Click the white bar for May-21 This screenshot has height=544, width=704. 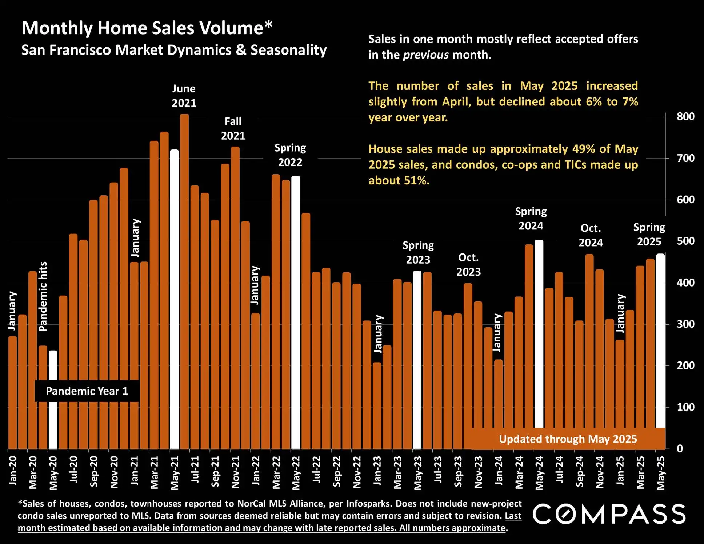click(x=175, y=298)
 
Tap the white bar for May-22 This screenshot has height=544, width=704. click(x=296, y=313)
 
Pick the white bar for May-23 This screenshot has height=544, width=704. click(x=417, y=360)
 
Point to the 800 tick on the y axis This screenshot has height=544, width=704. click(x=685, y=117)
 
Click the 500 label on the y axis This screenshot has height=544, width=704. click(x=685, y=241)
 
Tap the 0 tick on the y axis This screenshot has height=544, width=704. click(x=680, y=449)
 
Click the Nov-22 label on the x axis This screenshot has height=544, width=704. click(x=357, y=472)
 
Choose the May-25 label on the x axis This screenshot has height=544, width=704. click(x=661, y=473)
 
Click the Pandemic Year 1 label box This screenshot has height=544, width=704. click(x=87, y=391)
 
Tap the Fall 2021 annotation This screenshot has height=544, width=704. click(x=233, y=128)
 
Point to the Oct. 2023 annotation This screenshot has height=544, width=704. click(x=468, y=264)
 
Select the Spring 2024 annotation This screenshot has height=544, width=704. click(x=531, y=219)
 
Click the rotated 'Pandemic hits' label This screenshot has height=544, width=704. click(x=43, y=296)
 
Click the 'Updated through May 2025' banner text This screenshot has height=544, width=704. click(x=568, y=439)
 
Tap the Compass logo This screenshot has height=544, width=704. click(x=609, y=514)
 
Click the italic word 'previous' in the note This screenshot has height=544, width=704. click(x=426, y=55)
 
